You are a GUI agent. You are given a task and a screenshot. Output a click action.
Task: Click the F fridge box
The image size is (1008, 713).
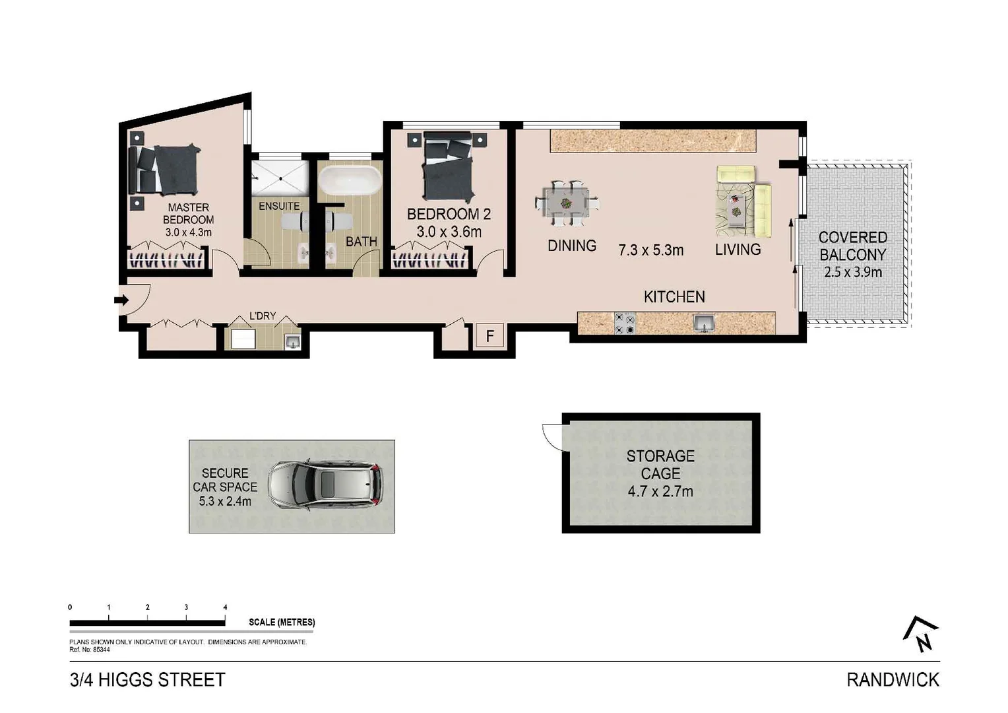[490, 336]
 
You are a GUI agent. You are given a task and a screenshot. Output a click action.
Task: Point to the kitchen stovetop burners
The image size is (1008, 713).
[625, 323]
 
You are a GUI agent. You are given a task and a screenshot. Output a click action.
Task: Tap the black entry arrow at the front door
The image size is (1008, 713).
[121, 300]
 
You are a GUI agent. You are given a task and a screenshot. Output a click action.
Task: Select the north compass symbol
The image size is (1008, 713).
[921, 634]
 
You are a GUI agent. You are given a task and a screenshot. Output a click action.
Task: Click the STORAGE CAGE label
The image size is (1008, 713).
[660, 465]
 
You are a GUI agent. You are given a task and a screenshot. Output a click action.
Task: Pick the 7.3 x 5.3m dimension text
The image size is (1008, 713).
[650, 250]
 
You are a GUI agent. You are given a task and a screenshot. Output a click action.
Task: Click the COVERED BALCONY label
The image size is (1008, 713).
[852, 246]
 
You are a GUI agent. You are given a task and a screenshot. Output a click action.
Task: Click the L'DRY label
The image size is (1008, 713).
[262, 316]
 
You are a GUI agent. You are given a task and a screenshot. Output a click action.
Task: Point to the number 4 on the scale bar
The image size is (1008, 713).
[225, 607]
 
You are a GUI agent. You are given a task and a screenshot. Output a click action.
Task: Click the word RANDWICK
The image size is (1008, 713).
[893, 679]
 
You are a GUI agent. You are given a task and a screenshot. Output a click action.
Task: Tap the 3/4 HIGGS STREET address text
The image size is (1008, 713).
[148, 679]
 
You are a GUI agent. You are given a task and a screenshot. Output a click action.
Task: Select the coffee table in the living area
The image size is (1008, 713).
[735, 205]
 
